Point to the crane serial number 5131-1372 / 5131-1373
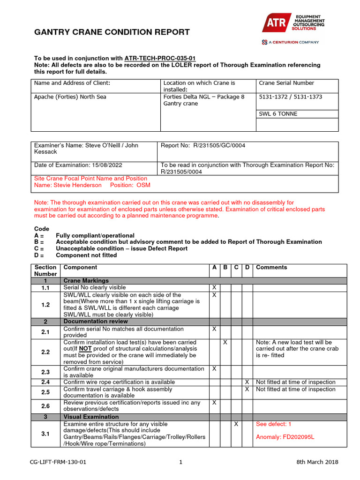291,97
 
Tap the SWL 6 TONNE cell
277,113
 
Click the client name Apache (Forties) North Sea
70,97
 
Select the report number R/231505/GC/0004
219,145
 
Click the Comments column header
271,267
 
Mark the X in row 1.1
214,287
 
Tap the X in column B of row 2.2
225,343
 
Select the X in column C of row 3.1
236,424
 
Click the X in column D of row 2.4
247,382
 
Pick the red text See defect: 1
274,424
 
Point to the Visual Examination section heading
91,417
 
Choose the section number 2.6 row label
45,406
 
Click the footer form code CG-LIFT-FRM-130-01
58,462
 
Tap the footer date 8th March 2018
317,462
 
